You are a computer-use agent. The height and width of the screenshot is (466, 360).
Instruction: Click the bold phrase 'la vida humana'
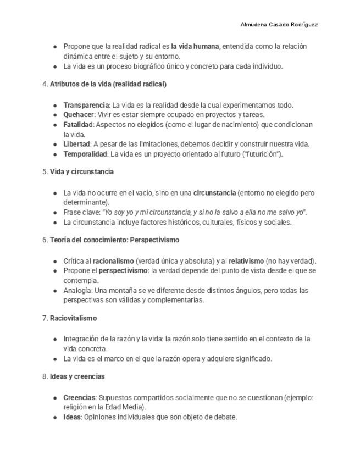point(195,47)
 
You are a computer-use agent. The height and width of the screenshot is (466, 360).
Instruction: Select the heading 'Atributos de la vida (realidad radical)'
point(108,85)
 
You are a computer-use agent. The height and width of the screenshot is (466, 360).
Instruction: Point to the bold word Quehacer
point(79,115)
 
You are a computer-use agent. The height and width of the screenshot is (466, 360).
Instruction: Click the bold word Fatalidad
point(78,125)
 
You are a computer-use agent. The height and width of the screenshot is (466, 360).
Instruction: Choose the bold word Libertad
point(76,145)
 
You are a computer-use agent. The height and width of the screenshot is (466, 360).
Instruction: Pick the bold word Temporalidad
point(85,154)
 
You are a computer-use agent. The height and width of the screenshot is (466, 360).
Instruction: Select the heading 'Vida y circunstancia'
point(81,172)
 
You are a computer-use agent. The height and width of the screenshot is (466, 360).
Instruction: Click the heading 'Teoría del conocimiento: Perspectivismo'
point(114,240)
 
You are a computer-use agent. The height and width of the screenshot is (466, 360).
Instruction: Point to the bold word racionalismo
point(113,261)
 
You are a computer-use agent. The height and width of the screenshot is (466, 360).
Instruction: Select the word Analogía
point(77,291)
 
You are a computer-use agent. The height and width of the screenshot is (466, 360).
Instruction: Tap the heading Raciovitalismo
point(73,318)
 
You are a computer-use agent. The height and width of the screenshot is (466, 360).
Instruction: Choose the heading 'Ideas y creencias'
point(77,376)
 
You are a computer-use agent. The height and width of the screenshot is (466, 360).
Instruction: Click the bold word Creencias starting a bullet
point(79,397)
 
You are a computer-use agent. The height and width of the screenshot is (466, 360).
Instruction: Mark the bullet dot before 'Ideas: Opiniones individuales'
point(56,418)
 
